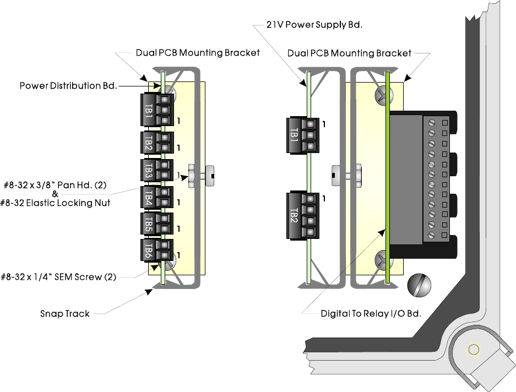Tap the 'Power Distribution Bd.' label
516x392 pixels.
pos(68,86)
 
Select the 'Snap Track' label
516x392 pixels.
pos(64,314)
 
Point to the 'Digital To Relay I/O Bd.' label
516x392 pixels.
pos(371,313)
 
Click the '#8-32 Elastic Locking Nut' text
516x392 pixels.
pos(57,203)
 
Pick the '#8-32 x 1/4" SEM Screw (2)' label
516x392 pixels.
pos(59,277)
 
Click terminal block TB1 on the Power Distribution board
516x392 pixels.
pos(157,110)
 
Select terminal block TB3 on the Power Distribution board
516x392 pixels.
pos(157,171)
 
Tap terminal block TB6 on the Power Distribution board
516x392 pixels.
pos(157,251)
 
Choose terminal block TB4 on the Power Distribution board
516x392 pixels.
pos(157,198)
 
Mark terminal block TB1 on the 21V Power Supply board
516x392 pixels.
pos(302,135)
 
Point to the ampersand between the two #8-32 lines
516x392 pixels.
pos(55,194)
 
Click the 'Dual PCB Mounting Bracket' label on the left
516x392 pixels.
pos(198,53)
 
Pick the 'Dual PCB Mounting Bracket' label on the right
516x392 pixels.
pos(349,53)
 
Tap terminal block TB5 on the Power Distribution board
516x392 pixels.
pos(157,224)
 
